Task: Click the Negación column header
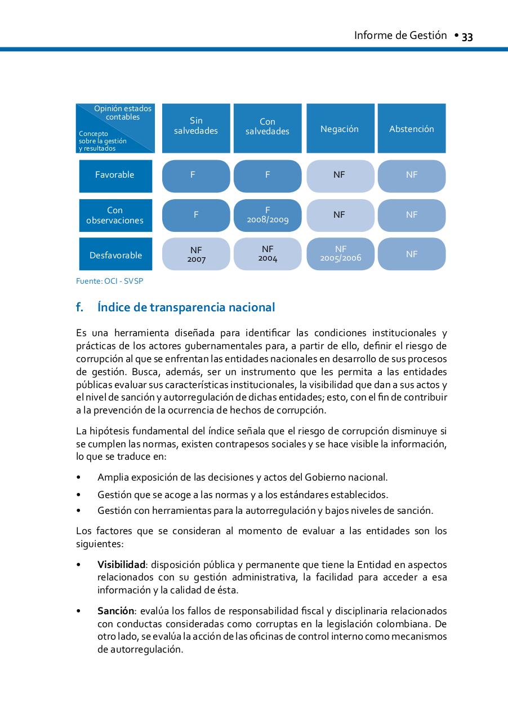pos(340,129)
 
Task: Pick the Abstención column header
pos(412,129)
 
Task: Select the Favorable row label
pos(115,175)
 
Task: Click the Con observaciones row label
pos(115,215)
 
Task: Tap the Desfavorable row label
pos(115,255)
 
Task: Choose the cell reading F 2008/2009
pos(268,215)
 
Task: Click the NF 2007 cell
pos(196,254)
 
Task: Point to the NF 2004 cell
pos(268,254)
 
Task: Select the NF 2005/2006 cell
pos(340,254)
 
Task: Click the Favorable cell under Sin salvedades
pos(196,175)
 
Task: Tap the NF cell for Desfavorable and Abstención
pos(412,254)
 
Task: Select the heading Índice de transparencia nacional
pos(186,307)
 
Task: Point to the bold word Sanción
pos(115,611)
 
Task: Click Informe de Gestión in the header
pos(400,36)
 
